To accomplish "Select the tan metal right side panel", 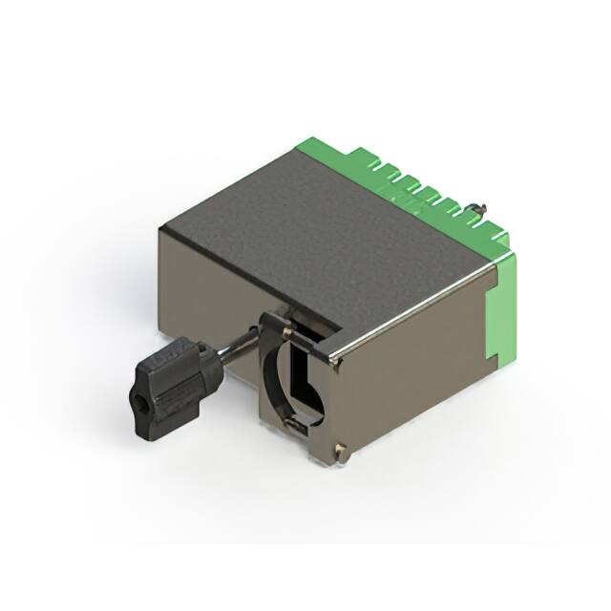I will (x=411, y=363).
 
